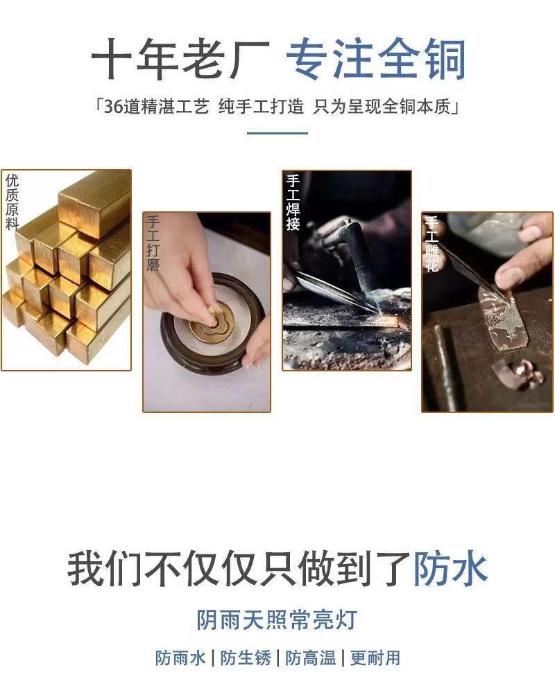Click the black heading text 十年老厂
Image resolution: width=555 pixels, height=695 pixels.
click(x=180, y=60)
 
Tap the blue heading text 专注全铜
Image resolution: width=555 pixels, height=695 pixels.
click(x=376, y=60)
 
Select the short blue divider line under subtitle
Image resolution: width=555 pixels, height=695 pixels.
click(x=277, y=133)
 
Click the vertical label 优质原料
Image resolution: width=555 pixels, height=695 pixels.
click(x=12, y=202)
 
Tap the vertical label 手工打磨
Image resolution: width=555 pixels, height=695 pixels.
click(x=153, y=243)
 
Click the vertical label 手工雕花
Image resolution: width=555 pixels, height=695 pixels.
click(x=432, y=243)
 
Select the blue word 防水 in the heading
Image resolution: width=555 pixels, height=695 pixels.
click(x=451, y=569)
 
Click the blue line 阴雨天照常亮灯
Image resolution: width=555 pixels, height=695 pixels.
click(x=277, y=619)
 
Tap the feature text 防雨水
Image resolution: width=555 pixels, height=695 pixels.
click(x=180, y=658)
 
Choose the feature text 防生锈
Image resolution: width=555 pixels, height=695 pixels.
click(x=246, y=658)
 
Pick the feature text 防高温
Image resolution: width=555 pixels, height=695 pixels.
click(x=311, y=658)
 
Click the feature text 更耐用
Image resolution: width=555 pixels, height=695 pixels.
click(x=375, y=658)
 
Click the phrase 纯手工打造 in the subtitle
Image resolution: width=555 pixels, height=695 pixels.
click(x=262, y=107)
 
